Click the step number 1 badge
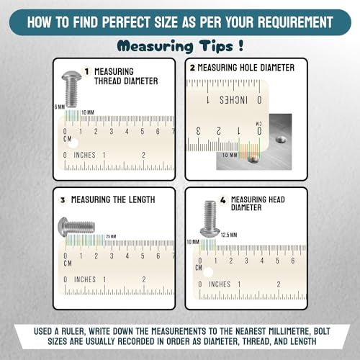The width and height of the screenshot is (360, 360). click(x=86, y=71)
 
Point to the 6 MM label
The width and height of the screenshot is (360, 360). click(x=60, y=107)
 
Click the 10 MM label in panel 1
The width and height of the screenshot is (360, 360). click(x=87, y=112)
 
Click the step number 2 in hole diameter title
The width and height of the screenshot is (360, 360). click(x=192, y=67)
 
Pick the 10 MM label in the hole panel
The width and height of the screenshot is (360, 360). click(x=230, y=155)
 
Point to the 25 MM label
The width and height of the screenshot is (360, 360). click(x=110, y=236)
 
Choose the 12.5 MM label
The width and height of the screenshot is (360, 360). click(x=229, y=234)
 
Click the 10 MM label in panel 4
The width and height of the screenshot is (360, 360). click(x=192, y=242)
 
